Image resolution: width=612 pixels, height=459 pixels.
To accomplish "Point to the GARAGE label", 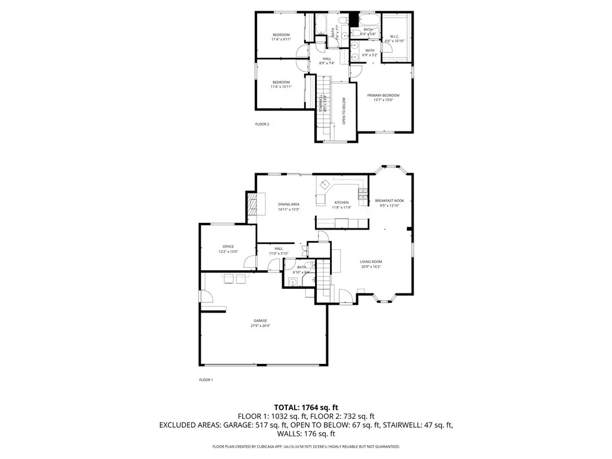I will coord(259,320).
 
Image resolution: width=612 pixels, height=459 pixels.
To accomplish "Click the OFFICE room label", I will coord(228,246).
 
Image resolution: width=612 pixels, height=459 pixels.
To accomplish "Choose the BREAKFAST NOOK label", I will coord(389,200).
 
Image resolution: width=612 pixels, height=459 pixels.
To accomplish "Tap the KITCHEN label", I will coord(341,203).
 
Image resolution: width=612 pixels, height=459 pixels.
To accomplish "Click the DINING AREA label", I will coord(289,204).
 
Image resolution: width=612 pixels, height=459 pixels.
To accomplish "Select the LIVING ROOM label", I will coord(371,262).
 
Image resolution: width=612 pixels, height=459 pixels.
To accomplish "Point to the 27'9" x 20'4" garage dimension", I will coord(259,326).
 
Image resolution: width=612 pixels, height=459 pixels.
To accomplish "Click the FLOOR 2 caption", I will coord(262,124).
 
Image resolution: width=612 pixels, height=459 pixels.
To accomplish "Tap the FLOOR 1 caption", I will coord(206,380).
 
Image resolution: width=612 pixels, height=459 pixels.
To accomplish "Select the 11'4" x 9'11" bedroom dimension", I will coord(281,39).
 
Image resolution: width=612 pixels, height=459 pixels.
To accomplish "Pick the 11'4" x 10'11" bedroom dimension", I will coord(281,87).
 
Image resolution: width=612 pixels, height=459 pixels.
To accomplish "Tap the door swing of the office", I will coord(253,262).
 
